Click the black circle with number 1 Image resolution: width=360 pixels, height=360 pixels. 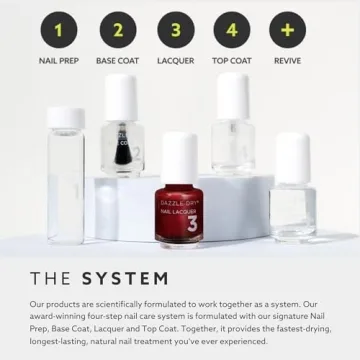tap(58, 30)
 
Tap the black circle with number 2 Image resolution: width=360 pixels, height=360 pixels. tap(117, 30)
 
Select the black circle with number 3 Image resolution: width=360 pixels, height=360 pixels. tap(175, 30)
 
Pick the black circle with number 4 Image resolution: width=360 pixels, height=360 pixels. tap(232, 30)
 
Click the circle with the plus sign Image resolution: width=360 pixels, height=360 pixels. tap(288, 30)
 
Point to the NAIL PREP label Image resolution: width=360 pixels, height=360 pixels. tap(58, 61)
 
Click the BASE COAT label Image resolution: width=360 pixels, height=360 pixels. tap(117, 61)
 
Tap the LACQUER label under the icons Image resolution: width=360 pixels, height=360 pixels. tap(175, 61)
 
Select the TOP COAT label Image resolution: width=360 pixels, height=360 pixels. tap(232, 61)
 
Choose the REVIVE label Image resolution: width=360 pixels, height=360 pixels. tap(288, 61)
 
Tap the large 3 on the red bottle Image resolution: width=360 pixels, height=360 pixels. tap(192, 225)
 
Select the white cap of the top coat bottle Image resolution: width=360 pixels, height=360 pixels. tap(233, 96)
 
